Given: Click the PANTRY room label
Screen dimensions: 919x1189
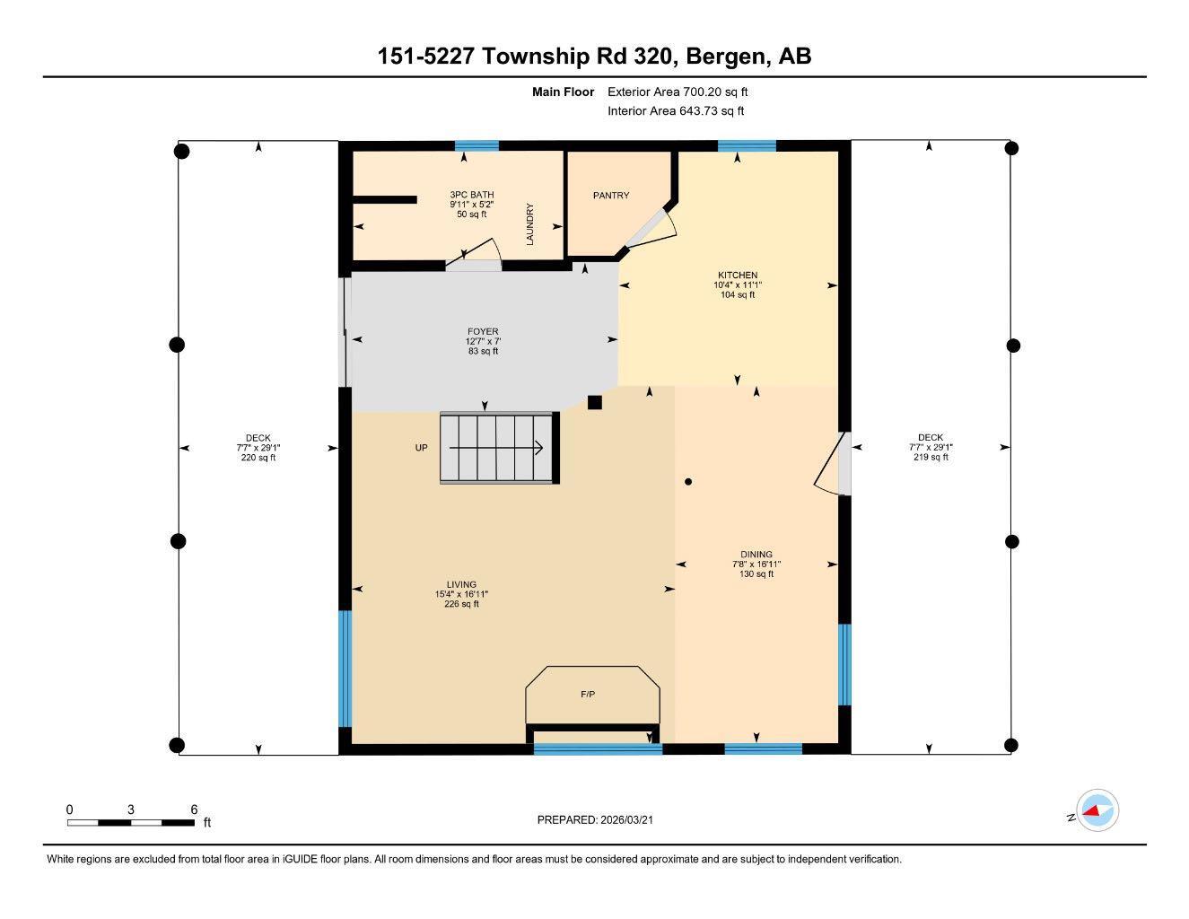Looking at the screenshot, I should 610,195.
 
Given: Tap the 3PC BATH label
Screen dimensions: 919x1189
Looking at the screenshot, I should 471,195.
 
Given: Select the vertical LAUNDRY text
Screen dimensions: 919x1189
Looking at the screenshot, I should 530,224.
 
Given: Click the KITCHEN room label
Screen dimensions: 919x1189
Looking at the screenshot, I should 737,275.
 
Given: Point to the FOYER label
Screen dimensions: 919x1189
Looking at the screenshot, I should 482,331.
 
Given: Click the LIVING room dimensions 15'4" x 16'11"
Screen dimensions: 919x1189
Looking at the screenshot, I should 461,594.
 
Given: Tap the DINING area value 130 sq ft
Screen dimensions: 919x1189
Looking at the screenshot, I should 756,574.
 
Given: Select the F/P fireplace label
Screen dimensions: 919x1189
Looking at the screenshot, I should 588,695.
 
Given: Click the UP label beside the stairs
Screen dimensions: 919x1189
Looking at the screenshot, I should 421,448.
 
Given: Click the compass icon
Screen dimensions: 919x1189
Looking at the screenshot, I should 1097,811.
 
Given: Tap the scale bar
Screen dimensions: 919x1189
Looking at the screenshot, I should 130,822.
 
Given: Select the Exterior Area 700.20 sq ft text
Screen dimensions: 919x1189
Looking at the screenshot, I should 678,92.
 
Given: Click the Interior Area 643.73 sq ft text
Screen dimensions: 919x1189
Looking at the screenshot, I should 676,111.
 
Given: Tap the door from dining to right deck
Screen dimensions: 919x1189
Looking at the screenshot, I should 834,464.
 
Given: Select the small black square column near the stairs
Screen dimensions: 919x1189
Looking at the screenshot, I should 594,403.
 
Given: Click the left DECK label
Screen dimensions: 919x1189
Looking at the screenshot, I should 258,438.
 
